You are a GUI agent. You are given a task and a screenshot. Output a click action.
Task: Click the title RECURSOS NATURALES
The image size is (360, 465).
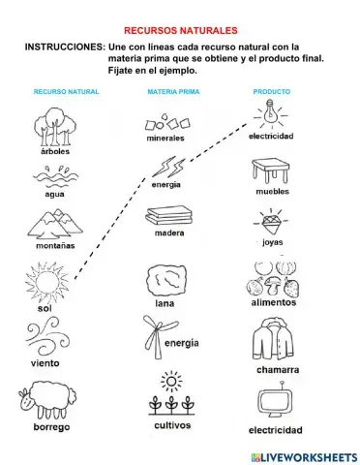click(x=181, y=31)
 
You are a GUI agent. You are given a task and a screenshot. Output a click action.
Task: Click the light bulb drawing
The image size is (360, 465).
click(x=272, y=116)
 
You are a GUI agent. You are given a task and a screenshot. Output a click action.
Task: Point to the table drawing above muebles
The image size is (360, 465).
click(x=272, y=173)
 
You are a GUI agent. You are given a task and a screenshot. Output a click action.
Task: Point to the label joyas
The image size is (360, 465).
click(x=272, y=245)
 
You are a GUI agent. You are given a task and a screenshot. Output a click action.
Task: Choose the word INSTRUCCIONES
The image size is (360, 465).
click(x=64, y=47)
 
